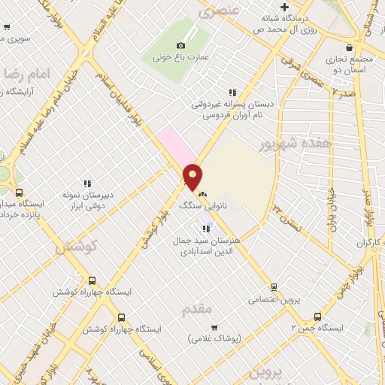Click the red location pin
[192, 176]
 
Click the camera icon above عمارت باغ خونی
[180, 46]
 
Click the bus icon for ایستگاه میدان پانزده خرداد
[19, 192]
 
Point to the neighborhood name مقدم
[198, 309]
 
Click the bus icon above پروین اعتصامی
[273, 286]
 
